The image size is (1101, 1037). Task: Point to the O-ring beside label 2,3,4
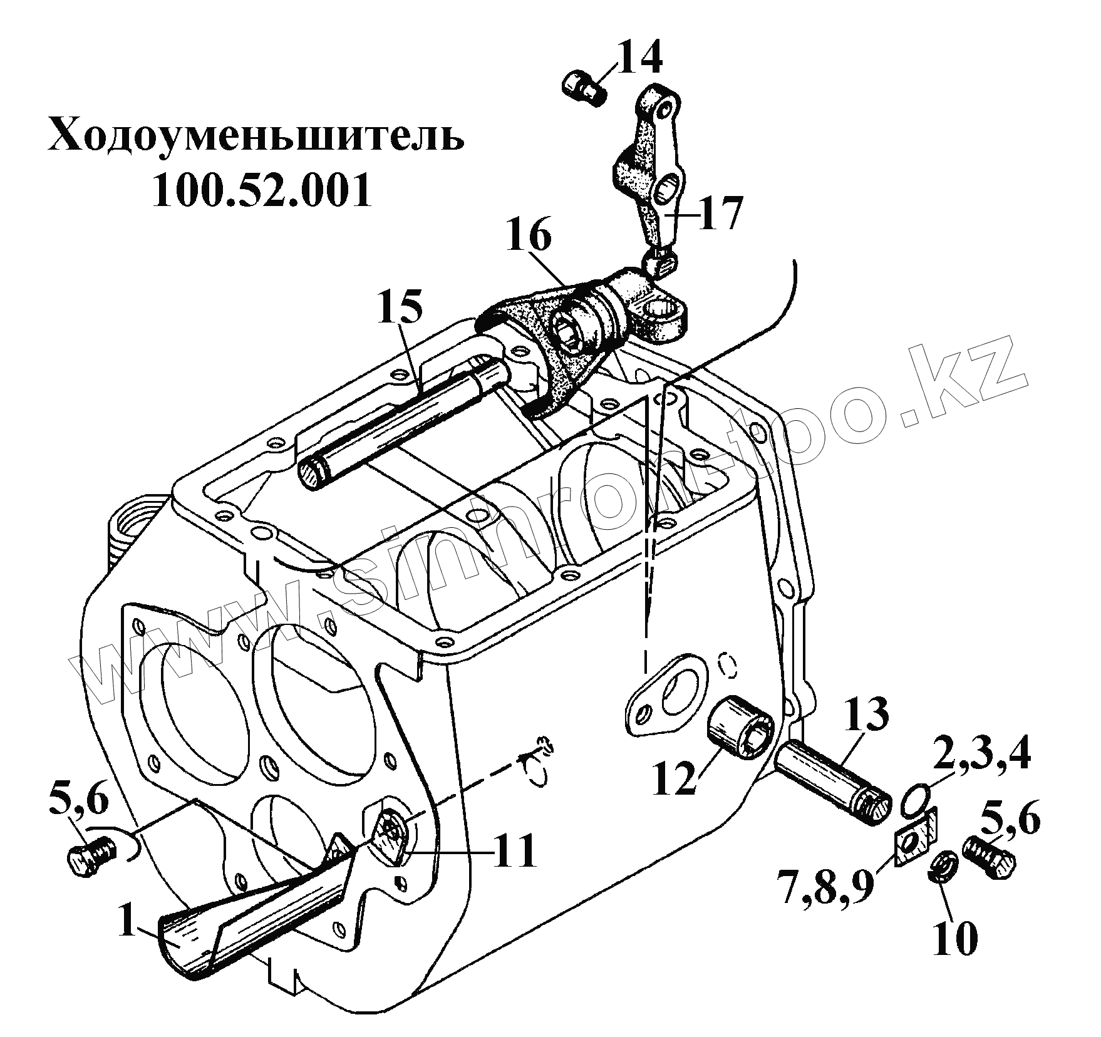pyautogui.click(x=914, y=802)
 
